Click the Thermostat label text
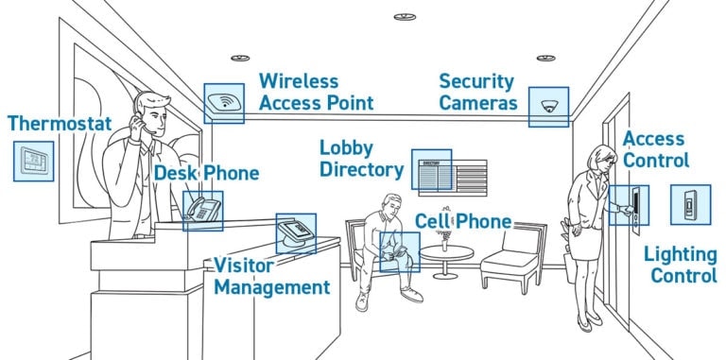pyautogui.click(x=60, y=124)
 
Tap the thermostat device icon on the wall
pyautogui.click(x=33, y=162)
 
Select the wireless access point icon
pyautogui.click(x=223, y=103)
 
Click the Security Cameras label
pyautogui.click(x=477, y=92)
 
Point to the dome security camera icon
pyautogui.click(x=548, y=106)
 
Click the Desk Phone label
pyautogui.click(x=206, y=174)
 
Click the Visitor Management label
pyautogui.click(x=271, y=276)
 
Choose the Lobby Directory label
pyautogui.click(x=360, y=160)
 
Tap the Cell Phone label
pyautogui.click(x=463, y=222)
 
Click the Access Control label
pyautogui.click(x=655, y=149)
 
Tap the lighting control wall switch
pyautogui.click(x=689, y=204)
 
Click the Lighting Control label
pyautogui.click(x=681, y=265)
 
